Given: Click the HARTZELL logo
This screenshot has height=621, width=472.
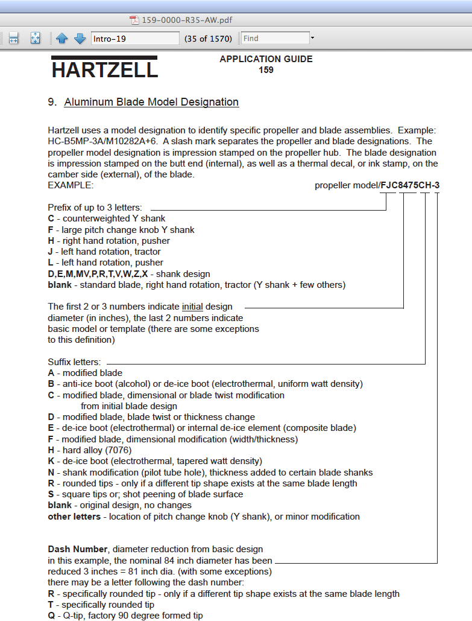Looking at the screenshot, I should coord(104,69).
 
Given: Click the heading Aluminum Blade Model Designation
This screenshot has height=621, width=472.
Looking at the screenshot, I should coord(151,102).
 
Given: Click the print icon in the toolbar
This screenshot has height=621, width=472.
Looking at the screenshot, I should coord(14,39).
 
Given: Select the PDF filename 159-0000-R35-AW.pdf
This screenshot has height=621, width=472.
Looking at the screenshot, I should coord(187,20).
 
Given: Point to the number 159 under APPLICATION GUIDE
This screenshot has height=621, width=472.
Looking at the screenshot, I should coord(266,70).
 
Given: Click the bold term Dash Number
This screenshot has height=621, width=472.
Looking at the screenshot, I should coord(77,549).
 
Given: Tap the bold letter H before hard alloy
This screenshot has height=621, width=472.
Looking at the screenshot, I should coord(51,450).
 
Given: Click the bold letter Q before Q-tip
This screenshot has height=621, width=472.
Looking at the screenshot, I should coord(51,616).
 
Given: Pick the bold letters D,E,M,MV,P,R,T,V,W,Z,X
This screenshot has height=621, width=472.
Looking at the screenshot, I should coord(98,273).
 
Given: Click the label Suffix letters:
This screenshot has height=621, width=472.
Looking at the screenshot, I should coord(74,362).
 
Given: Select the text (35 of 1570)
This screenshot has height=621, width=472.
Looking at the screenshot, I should coord(208,39).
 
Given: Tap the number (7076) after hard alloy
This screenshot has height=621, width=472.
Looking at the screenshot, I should coord(119,450).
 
